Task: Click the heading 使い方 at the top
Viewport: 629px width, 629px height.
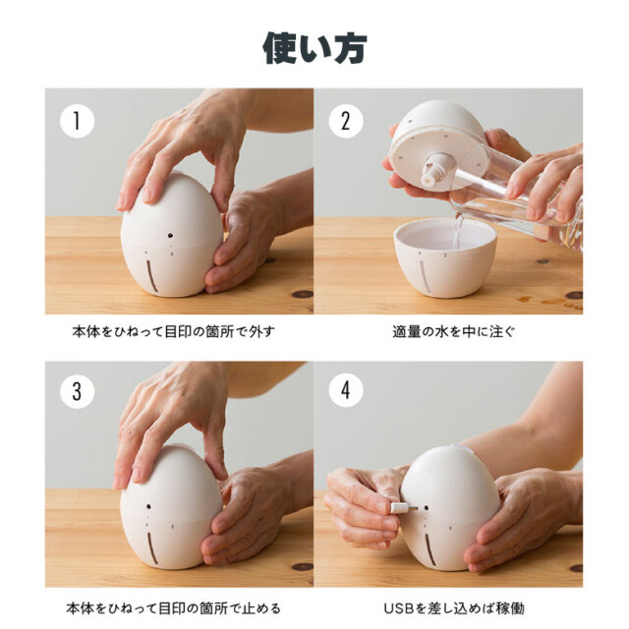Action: [x=314, y=48]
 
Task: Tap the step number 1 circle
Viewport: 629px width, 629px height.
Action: [x=77, y=121]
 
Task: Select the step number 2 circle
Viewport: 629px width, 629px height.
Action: [x=346, y=121]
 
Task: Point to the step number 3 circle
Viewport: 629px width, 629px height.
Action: [x=77, y=391]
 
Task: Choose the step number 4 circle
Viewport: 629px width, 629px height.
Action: [x=346, y=390]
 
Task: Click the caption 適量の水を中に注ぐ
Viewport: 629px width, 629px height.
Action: [x=453, y=332]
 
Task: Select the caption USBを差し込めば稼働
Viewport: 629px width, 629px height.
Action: [x=454, y=608]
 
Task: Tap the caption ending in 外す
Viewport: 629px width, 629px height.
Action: [x=174, y=332]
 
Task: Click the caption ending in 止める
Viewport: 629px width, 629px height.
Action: [x=173, y=608]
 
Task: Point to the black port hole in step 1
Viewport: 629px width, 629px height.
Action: [x=170, y=235]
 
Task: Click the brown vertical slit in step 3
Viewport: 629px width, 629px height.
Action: [x=150, y=549]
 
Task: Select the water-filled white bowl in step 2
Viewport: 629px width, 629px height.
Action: [x=445, y=257]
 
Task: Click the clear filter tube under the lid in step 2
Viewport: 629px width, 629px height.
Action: [x=437, y=170]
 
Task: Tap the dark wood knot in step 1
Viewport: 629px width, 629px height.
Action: [x=303, y=294]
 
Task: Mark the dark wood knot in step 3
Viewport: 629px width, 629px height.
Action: [x=303, y=567]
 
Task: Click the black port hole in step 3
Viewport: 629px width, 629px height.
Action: [x=148, y=507]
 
